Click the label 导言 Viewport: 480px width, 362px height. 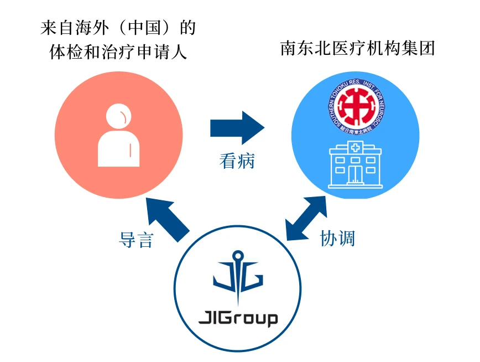[x=135, y=239]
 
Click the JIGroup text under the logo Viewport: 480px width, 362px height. [x=238, y=319]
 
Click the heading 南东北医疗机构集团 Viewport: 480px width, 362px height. [x=358, y=49]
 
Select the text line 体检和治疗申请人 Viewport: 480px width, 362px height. [x=118, y=53]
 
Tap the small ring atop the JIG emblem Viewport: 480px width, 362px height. [x=238, y=256]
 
